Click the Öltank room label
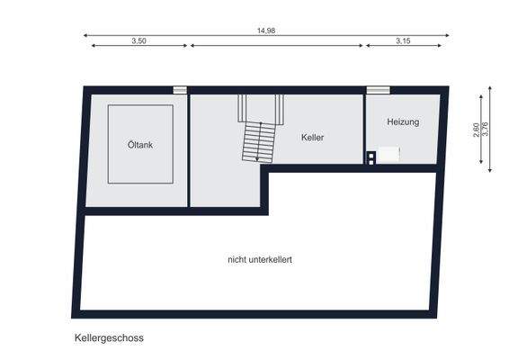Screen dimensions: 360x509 click(140, 144)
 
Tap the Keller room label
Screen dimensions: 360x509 click(312, 138)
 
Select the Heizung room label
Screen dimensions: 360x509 click(403, 121)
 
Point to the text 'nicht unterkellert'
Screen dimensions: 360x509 click(259, 259)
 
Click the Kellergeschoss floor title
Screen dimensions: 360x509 click(109, 338)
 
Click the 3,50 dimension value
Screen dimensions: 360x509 click(138, 40)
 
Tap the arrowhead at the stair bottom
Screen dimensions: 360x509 click(258, 159)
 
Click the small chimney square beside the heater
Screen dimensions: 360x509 click(371, 158)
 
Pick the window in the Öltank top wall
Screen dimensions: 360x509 click(180, 90)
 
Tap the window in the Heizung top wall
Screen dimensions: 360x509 click(378, 90)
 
